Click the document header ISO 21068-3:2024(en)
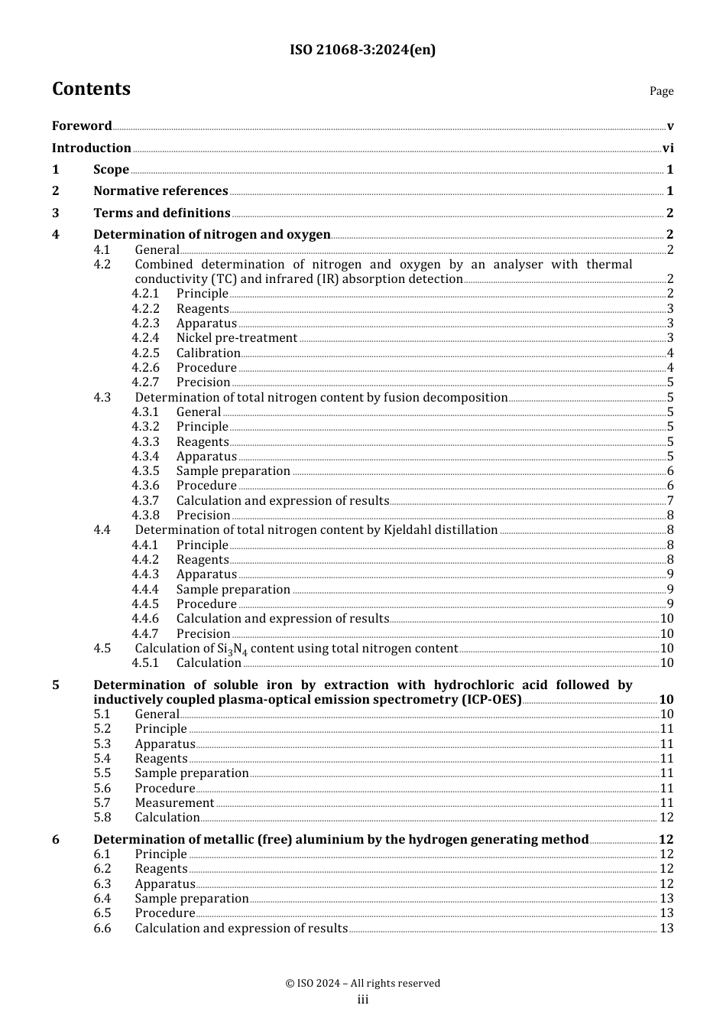[x=362, y=50]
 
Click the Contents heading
[x=91, y=89]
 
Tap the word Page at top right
[x=661, y=91]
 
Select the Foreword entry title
[x=82, y=126]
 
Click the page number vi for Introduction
[x=667, y=148]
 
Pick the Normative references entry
[x=160, y=191]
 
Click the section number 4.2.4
[x=145, y=338]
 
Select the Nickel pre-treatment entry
[x=236, y=338]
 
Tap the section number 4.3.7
[x=145, y=501]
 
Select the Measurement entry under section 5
[x=174, y=803]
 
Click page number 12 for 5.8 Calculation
[x=666, y=818]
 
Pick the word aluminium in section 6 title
[x=328, y=840]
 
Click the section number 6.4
[x=102, y=899]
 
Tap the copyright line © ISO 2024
[x=362, y=984]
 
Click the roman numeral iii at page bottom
[x=362, y=1000]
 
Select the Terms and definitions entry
[x=161, y=213]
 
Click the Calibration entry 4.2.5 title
[x=208, y=353]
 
